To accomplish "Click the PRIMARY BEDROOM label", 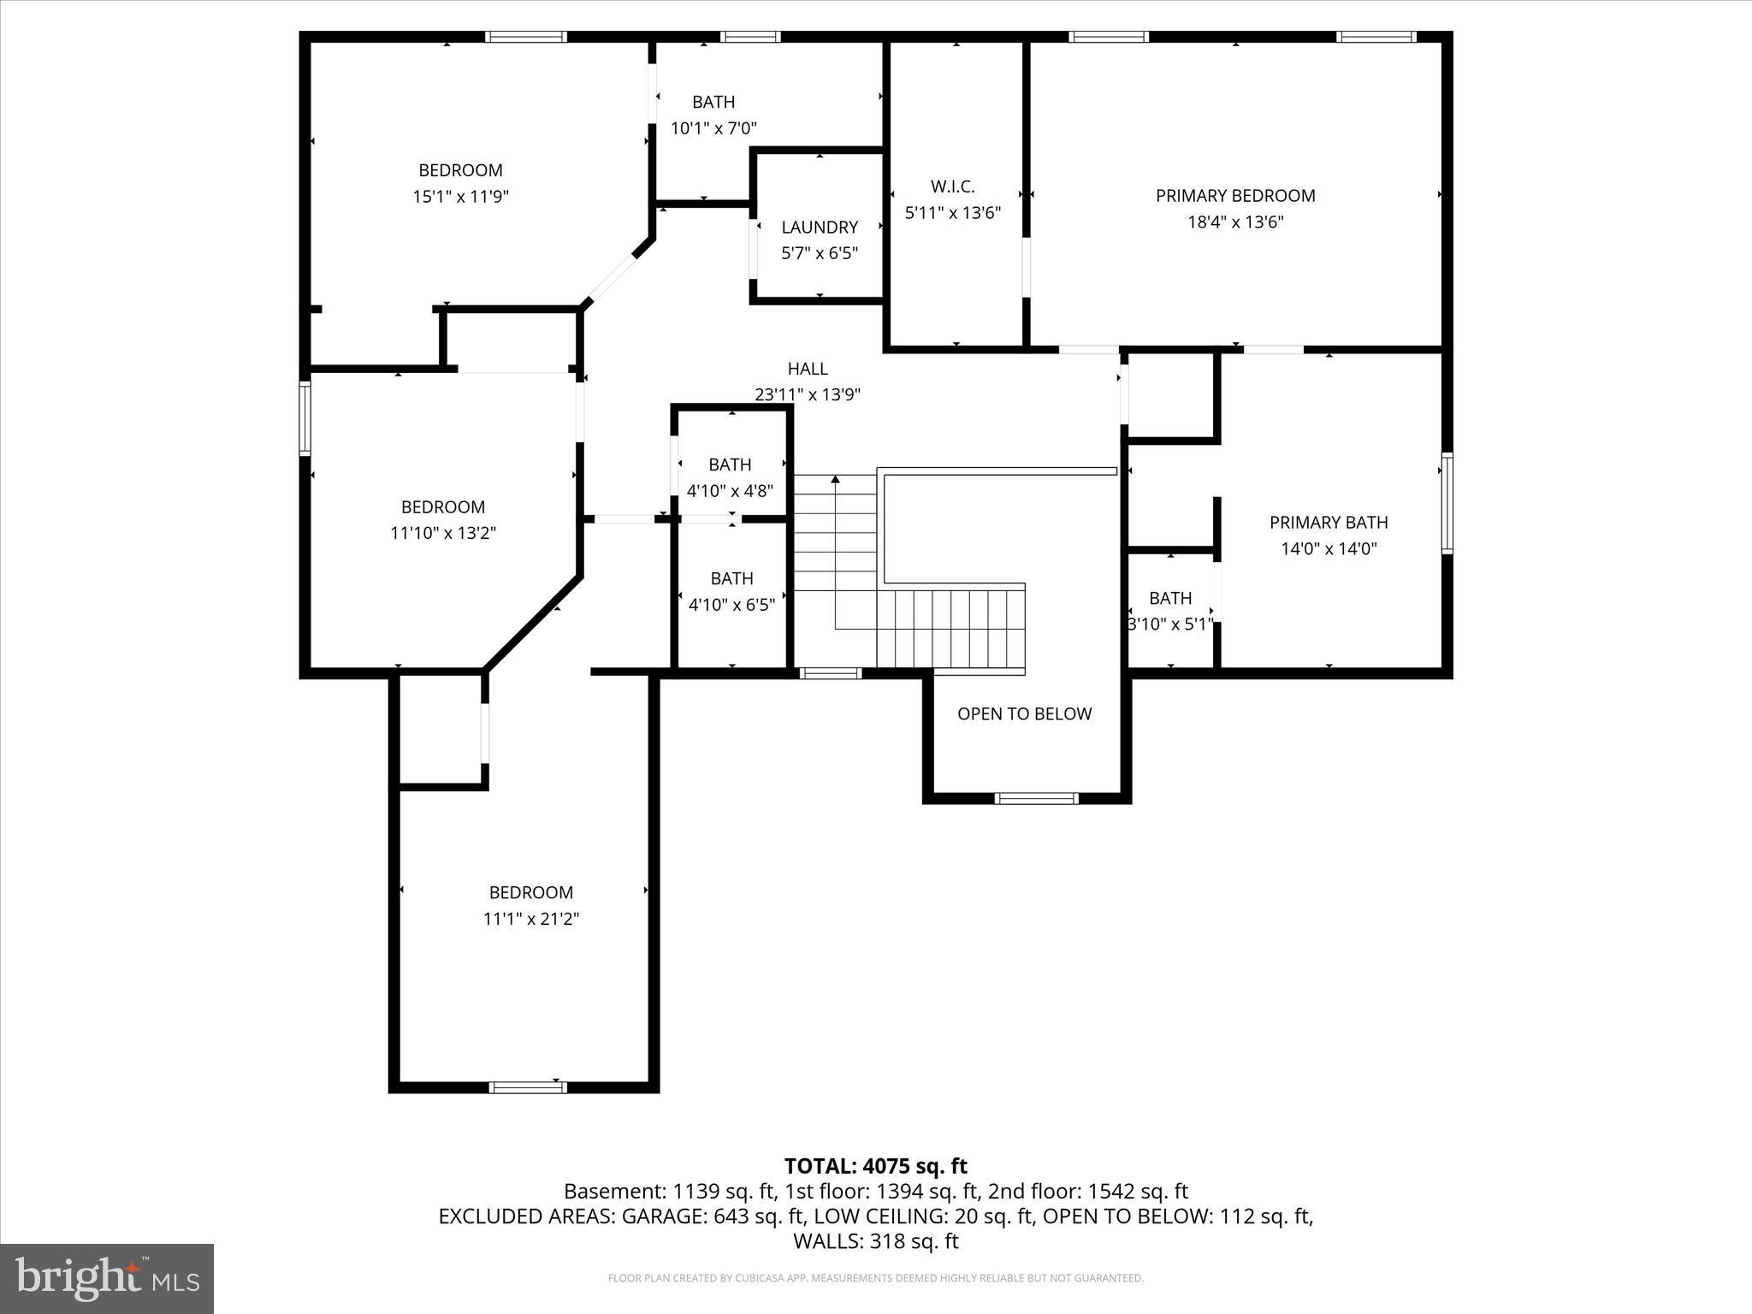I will tap(1235, 196).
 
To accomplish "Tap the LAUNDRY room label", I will tap(820, 228).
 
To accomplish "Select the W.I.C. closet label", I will tap(952, 186).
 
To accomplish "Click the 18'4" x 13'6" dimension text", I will tap(1235, 222).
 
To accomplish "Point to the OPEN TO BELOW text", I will tap(1024, 713).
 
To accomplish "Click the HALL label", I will tap(808, 369).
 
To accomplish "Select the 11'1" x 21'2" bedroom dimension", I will tap(530, 919).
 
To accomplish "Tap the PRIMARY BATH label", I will tap(1329, 523).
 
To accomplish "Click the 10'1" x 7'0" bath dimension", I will tap(713, 128).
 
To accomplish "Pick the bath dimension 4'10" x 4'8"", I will tap(730, 491).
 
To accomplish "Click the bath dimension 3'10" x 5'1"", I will tap(1170, 624).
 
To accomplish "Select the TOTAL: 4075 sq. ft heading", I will tap(875, 1166).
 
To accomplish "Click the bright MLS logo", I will tap(107, 1278).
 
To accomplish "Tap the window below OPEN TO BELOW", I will tap(1036, 798).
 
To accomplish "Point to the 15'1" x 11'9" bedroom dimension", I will tap(460, 197).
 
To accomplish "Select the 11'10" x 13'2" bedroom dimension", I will tap(443, 533).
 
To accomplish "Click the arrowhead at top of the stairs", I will tap(836, 479).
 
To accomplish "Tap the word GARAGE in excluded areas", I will tap(664, 1216).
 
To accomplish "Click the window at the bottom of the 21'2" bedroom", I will tap(528, 1087).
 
